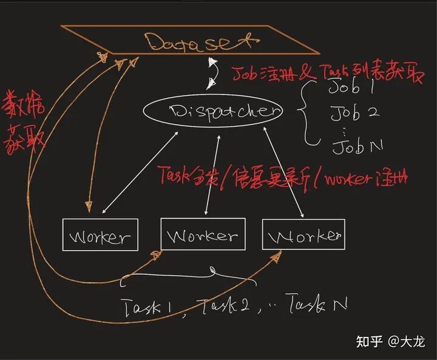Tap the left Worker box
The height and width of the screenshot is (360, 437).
100,236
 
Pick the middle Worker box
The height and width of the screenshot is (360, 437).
203,234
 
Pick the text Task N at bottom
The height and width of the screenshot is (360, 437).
316,303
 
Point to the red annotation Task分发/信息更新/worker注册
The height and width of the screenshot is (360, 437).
283,177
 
